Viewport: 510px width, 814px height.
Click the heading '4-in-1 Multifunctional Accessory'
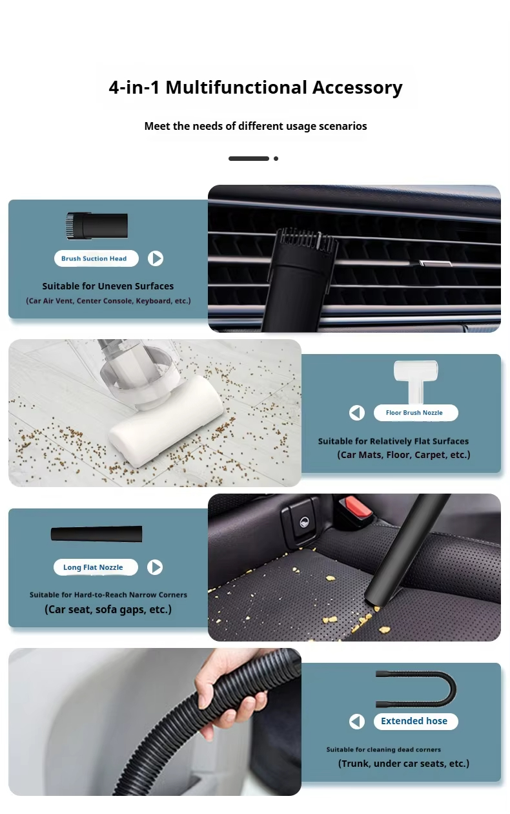click(x=256, y=88)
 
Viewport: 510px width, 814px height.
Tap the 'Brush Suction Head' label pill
click(x=96, y=258)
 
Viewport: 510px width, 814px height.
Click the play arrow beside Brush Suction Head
click(x=156, y=258)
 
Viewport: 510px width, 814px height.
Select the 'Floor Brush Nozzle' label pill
click(x=416, y=413)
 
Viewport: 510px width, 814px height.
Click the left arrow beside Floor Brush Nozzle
click(x=357, y=413)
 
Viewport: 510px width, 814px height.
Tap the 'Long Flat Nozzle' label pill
click(x=96, y=567)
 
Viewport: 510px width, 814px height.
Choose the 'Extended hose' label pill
click(x=416, y=722)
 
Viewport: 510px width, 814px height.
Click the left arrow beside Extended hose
click(x=357, y=722)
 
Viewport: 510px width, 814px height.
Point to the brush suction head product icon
click(x=97, y=226)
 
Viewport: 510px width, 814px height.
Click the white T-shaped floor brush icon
click(x=416, y=382)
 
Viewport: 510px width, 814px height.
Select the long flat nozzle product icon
click(x=96, y=534)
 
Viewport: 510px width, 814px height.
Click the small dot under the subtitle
click(x=276, y=158)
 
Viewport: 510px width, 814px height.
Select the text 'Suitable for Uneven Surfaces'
click(x=108, y=286)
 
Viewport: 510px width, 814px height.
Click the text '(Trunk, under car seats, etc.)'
click(x=403, y=764)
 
